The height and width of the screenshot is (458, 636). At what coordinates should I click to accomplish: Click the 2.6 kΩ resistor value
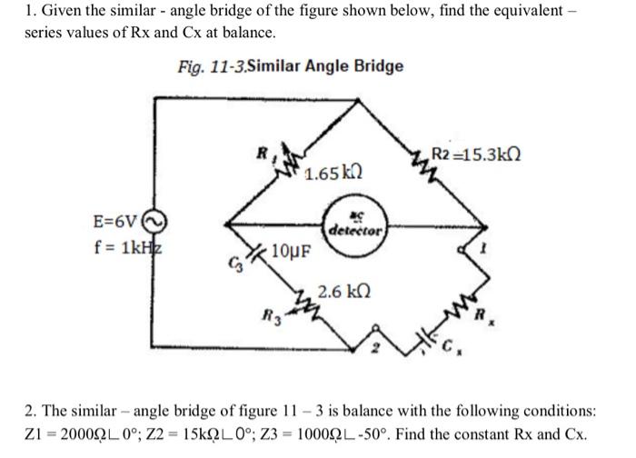(x=342, y=294)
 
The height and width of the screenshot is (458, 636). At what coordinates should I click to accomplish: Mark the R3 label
(x=266, y=318)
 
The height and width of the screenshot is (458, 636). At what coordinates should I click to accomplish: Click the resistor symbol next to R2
(x=422, y=163)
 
